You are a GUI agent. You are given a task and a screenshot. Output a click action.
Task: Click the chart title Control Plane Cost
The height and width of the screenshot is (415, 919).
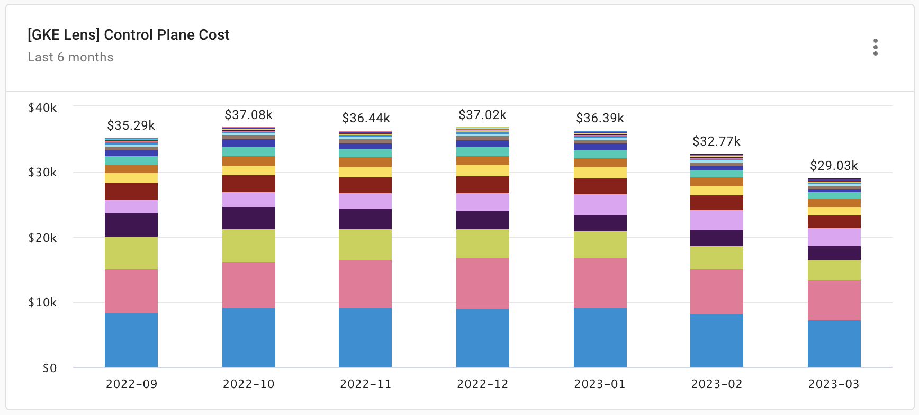129,35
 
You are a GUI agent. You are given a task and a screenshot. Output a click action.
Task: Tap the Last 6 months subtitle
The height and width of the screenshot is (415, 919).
70,57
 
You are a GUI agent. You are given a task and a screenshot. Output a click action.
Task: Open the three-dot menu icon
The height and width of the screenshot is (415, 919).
876,47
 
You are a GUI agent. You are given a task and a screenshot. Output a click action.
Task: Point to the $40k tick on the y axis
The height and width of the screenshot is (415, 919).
42,107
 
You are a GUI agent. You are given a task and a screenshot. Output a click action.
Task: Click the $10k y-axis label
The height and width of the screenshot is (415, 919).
42,302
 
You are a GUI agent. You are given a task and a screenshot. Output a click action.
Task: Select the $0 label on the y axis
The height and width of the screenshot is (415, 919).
49,368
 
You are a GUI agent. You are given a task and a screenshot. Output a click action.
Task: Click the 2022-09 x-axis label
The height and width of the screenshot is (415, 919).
131,384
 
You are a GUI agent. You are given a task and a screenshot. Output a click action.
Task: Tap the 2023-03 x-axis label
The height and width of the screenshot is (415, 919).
834,384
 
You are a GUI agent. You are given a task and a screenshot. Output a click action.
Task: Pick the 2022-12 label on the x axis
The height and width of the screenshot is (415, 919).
482,384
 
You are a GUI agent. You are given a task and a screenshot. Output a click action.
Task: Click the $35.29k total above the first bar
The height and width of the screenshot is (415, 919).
131,125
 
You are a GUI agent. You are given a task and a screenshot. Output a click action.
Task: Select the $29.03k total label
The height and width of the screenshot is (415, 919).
834,166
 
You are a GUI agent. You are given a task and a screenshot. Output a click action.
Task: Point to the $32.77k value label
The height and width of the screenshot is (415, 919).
716,141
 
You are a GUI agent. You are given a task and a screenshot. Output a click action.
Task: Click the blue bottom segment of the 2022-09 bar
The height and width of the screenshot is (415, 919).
131,340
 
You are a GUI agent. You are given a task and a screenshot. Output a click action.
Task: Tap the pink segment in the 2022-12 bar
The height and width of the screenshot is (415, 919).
482,283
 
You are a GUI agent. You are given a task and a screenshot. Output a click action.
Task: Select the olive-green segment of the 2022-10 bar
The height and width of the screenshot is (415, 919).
248,246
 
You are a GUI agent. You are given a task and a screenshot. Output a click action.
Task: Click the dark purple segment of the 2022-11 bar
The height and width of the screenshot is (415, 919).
365,219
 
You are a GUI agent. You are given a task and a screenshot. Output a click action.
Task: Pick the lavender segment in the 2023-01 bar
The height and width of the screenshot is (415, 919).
600,205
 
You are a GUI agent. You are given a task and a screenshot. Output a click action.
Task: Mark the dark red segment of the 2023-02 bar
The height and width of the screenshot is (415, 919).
716,203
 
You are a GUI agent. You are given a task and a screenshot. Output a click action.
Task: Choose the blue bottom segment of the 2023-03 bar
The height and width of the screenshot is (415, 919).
834,344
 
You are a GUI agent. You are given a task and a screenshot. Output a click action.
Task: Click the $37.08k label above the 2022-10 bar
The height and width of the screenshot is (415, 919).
248,115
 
